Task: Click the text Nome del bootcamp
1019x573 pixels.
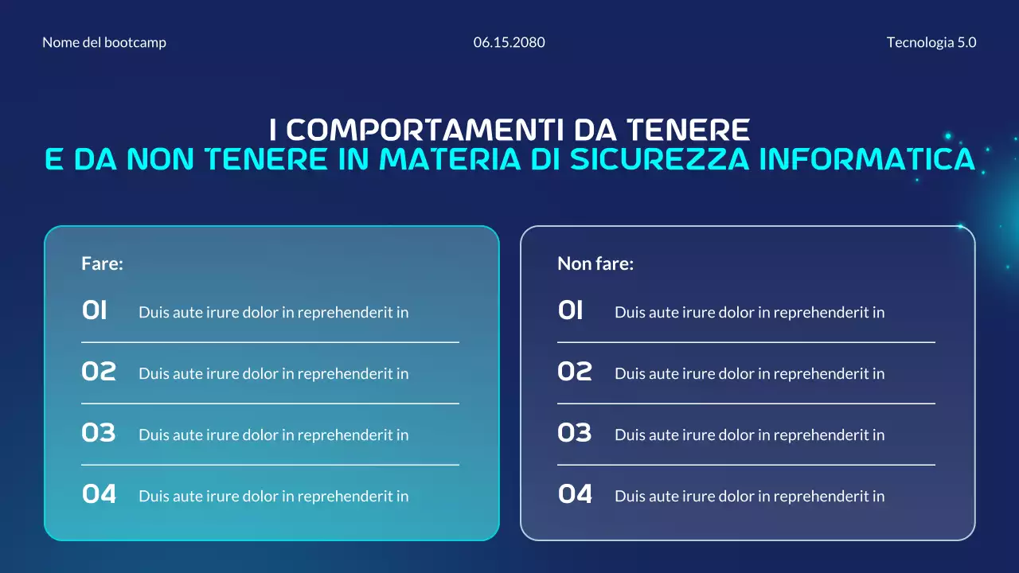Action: click(x=104, y=43)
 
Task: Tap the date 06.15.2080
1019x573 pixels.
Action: click(x=509, y=43)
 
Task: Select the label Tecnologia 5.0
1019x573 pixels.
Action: click(x=931, y=43)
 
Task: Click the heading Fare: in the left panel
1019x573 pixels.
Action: click(x=102, y=264)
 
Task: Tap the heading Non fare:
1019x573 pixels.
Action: click(x=595, y=264)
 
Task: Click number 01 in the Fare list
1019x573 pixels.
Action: click(x=95, y=311)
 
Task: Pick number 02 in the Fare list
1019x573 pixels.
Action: click(x=99, y=372)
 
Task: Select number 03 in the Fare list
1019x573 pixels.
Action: click(x=99, y=434)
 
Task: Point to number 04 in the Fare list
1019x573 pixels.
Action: click(x=99, y=495)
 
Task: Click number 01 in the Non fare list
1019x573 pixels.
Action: click(x=571, y=311)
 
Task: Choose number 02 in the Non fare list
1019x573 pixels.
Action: click(x=575, y=372)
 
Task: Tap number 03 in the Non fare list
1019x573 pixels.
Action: click(x=575, y=434)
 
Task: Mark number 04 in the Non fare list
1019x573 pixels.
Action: click(x=575, y=495)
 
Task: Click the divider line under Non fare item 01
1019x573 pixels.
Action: click(x=746, y=342)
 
